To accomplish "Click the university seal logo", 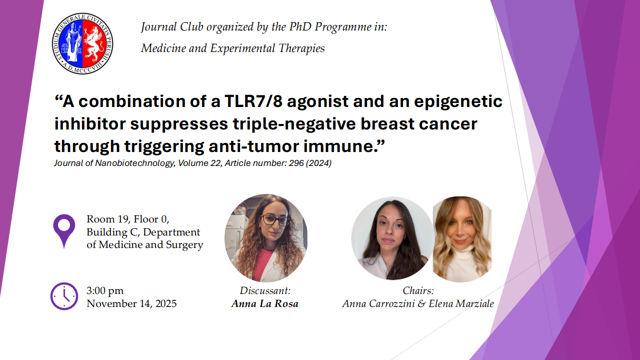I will (82, 43).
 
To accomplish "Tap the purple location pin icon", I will (64, 230).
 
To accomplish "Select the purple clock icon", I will (64, 296).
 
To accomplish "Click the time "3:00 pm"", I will (105, 290).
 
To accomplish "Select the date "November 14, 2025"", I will (131, 303).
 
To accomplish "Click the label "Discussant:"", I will (265, 290).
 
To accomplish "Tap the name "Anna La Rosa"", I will (265, 303).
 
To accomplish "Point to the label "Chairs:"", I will (418, 290).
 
